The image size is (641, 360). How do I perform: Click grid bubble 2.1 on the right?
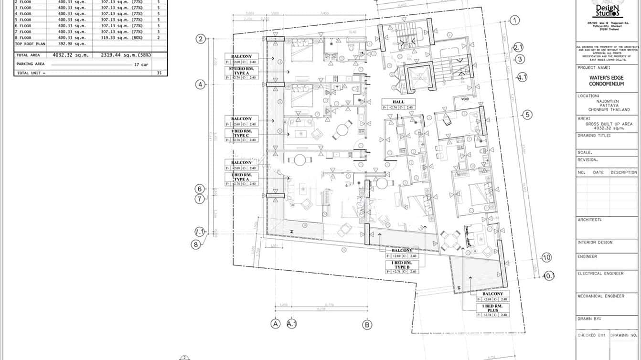(x=519, y=47)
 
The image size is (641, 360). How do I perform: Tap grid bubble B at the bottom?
(x=367, y=325)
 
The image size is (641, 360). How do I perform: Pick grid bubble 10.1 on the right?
(x=549, y=275)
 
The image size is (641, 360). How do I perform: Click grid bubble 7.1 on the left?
(x=200, y=232)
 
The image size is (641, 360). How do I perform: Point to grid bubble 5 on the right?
(x=527, y=115)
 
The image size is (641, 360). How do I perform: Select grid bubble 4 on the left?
(x=201, y=85)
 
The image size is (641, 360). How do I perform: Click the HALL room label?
(x=398, y=102)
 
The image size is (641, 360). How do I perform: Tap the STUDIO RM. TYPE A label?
(x=242, y=71)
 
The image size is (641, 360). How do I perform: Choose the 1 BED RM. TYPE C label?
(x=242, y=133)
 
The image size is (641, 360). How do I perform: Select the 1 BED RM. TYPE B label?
(x=401, y=265)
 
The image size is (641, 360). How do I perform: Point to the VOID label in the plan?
(x=465, y=99)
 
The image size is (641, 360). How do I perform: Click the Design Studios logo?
(x=606, y=10)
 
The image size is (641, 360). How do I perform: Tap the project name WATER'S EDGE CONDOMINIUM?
(x=606, y=81)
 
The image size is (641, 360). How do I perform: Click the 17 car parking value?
(x=140, y=64)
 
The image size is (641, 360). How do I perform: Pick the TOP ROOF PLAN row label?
(x=31, y=43)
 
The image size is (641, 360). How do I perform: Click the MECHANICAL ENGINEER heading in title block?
(x=601, y=296)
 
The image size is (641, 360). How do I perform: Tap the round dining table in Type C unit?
(x=343, y=130)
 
